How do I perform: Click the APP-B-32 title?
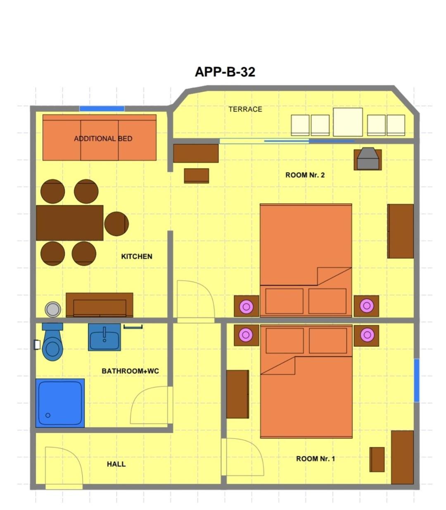coord(225,72)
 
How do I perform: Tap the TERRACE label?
coord(245,109)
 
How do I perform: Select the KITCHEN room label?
coord(136,257)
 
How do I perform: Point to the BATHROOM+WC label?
coord(130,371)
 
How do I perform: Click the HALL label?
coord(116,464)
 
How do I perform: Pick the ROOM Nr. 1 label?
coord(316,459)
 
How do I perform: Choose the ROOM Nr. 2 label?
coord(305,175)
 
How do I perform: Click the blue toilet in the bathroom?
coord(52,342)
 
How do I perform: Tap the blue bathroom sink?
coord(104,337)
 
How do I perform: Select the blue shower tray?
coord(60,403)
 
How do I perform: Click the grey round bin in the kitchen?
coord(53,310)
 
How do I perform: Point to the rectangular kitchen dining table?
coord(70,223)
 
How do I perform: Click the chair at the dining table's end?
coord(116,224)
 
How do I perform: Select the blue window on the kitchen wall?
coord(102,109)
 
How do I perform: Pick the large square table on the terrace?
coord(348,122)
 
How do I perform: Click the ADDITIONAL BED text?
coord(103,138)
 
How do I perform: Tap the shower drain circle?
coord(48,415)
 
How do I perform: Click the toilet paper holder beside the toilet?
coord(37,345)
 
